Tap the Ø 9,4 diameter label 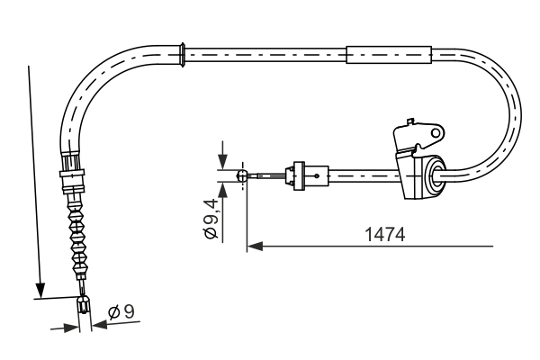(210, 216)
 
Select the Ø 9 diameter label (121, 311)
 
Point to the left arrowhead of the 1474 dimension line (254, 244)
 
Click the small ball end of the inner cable (241, 176)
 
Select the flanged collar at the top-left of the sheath (183, 53)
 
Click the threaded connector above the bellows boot (70, 173)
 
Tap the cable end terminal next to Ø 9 (83, 306)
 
